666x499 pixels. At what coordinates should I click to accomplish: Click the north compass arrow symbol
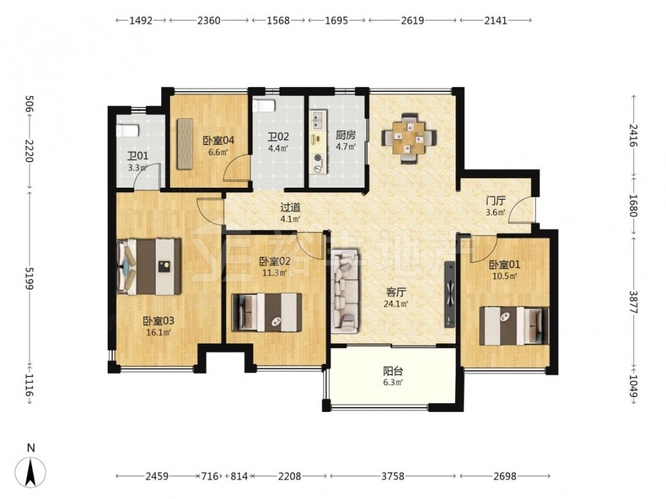point(30,472)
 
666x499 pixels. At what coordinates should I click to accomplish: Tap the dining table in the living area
point(409,138)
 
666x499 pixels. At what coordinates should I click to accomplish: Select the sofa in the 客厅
point(346,289)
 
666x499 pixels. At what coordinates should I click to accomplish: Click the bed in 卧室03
point(149,267)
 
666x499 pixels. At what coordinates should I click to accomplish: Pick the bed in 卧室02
point(267,312)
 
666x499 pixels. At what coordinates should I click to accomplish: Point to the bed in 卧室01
point(514,326)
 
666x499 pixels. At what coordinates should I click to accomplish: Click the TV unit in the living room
point(450,294)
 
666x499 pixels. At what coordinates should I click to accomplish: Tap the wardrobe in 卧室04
point(184,143)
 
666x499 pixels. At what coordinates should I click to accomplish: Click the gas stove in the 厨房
point(318,163)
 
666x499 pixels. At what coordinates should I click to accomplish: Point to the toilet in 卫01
point(128,130)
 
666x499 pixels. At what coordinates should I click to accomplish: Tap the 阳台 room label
point(392,371)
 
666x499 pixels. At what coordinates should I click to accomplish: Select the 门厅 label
point(496,200)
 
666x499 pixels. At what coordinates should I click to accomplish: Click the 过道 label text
point(290,208)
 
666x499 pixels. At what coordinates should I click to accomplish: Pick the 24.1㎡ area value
point(396,304)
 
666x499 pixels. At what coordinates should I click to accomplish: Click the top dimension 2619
point(412,21)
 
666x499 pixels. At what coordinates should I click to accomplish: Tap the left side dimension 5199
point(29,278)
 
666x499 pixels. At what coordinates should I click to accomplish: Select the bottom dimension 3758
point(392,476)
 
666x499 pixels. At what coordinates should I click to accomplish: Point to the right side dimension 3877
point(633,301)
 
